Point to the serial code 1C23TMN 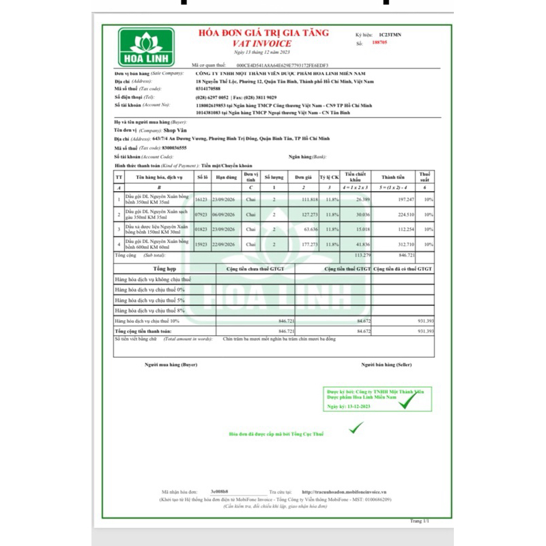pyautogui.click(x=391, y=33)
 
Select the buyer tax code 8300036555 pyautogui.click(x=179, y=147)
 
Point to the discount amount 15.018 pyautogui.click(x=359, y=229)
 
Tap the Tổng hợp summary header pyautogui.click(x=164, y=269)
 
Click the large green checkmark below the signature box pyautogui.click(x=356, y=428)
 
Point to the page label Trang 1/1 pyautogui.click(x=420, y=521)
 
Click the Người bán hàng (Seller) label pyautogui.click(x=387, y=366)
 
